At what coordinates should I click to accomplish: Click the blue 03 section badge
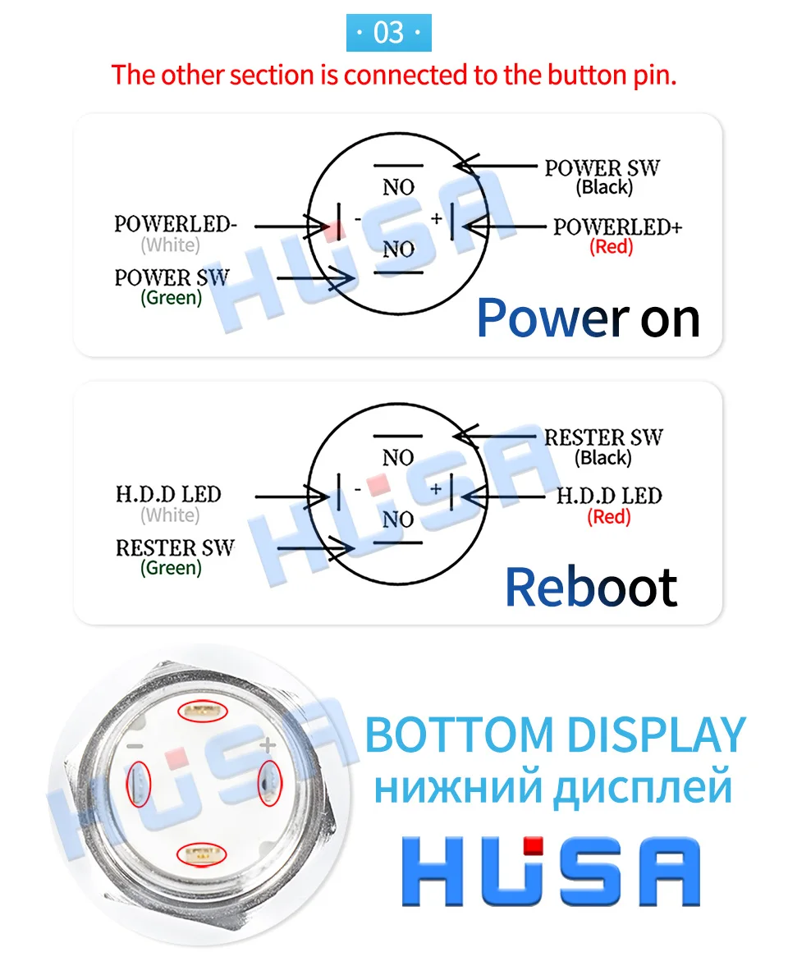[x=389, y=32]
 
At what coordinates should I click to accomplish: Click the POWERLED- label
[x=176, y=224]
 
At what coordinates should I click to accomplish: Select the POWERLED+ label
[x=617, y=227]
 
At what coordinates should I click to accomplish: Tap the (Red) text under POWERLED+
[x=612, y=247]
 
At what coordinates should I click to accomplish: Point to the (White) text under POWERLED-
[x=171, y=245]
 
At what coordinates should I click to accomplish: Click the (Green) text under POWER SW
[x=171, y=297]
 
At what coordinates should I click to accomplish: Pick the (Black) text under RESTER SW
[x=602, y=458]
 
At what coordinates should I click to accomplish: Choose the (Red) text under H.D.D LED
[x=609, y=517]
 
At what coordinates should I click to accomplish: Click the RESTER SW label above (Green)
[x=175, y=547]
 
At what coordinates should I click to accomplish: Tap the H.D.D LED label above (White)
[x=168, y=494]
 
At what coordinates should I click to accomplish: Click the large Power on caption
[x=589, y=318]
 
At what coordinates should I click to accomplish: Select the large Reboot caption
[x=591, y=587]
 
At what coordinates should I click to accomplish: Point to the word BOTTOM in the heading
[x=459, y=735]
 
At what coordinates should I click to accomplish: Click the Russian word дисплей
[x=643, y=786]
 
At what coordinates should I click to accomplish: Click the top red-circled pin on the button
[x=203, y=712]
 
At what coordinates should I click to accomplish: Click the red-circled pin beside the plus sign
[x=270, y=782]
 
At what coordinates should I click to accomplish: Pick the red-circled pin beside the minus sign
[x=139, y=784]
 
